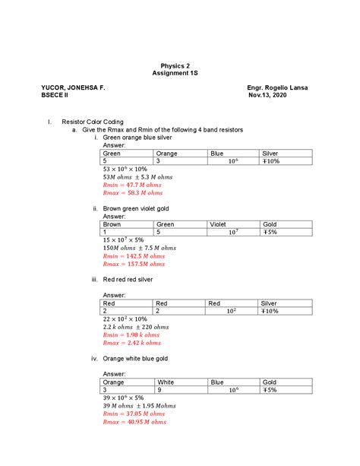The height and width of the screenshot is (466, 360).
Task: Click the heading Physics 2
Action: pyautogui.click(x=179, y=65)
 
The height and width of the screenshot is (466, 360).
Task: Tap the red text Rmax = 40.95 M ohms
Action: pyautogui.click(x=135, y=421)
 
